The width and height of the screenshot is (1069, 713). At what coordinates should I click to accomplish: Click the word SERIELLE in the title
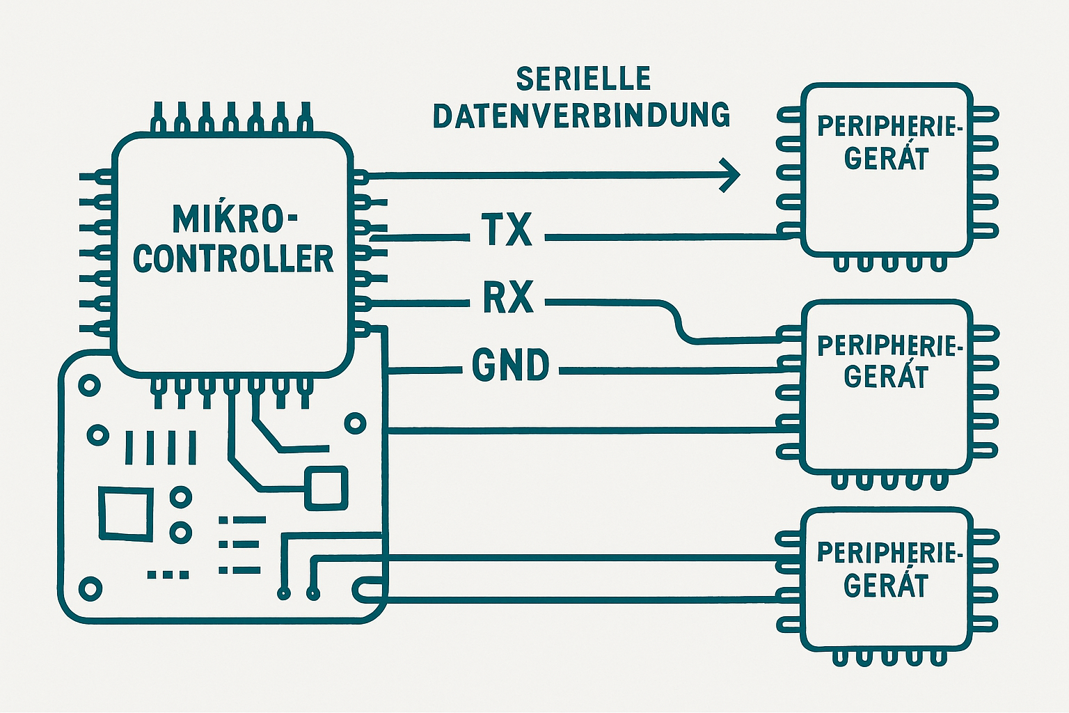[x=583, y=79]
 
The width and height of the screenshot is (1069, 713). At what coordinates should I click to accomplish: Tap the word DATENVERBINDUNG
[x=581, y=116]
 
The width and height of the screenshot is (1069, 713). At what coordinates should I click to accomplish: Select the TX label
[x=507, y=230]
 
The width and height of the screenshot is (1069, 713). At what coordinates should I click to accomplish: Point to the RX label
[x=508, y=297]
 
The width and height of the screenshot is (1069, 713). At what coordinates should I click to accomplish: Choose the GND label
[x=511, y=365]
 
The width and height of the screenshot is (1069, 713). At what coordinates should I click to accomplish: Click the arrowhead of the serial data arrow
[x=730, y=175]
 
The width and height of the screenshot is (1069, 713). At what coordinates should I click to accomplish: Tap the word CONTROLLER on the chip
[x=233, y=258]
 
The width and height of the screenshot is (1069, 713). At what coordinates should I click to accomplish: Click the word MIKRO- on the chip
[x=234, y=219]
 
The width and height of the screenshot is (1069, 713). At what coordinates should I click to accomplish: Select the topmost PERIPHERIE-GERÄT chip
[x=887, y=169]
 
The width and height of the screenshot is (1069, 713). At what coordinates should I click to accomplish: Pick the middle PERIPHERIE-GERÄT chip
[x=887, y=387]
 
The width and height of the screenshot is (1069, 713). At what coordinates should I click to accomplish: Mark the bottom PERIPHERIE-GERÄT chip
[x=887, y=579]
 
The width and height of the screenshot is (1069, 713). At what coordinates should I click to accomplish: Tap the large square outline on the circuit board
[x=126, y=514]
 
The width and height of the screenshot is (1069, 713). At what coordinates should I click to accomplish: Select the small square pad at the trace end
[x=326, y=487]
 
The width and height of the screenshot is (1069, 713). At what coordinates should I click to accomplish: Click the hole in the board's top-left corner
[x=89, y=384]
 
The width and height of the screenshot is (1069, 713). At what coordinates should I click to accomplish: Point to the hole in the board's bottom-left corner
[x=90, y=589]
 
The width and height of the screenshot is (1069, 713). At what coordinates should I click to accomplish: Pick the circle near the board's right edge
[x=355, y=423]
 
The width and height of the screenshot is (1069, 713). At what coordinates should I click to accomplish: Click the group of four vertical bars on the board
[x=161, y=447]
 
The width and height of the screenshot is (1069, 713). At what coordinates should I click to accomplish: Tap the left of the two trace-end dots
[x=283, y=593]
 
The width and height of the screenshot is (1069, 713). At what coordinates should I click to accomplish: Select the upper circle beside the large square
[x=180, y=497]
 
